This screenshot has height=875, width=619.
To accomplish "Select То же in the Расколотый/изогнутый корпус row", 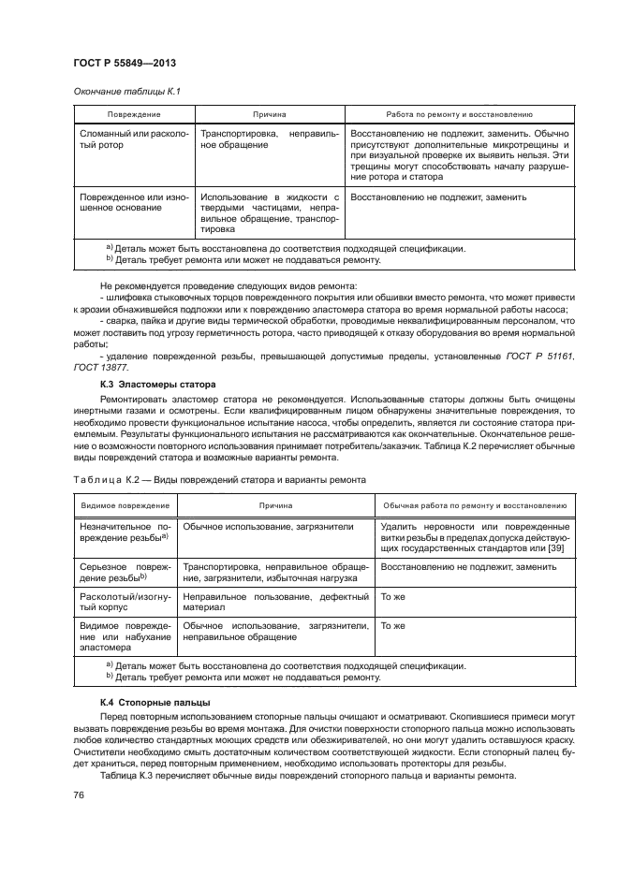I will pos(391,597).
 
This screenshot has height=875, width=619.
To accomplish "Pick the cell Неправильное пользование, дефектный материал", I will pos(276,604).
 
